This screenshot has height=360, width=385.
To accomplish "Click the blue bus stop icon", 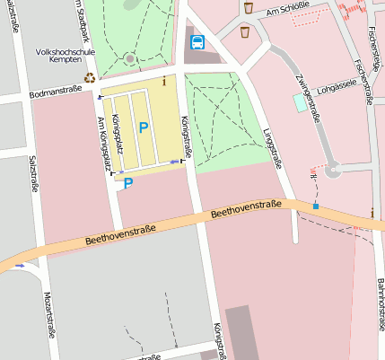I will click(197, 41).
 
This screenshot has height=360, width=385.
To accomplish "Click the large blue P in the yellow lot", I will click(143, 128).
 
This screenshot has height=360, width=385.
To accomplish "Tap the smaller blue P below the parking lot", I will click(128, 183).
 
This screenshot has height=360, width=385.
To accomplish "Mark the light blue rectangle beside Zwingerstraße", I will click(299, 102).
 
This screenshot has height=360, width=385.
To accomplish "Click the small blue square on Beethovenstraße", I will click(316, 207).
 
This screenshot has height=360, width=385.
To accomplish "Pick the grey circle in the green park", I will click(131, 59).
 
